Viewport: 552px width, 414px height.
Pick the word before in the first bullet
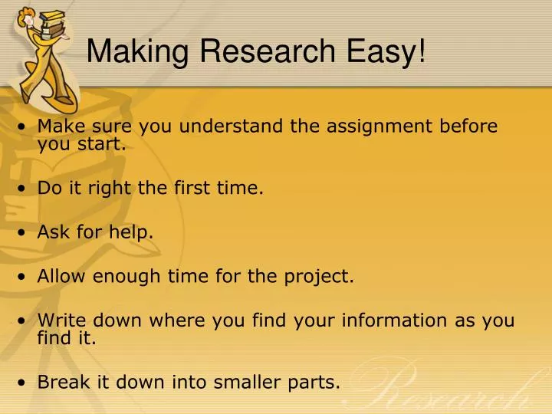tap(467, 126)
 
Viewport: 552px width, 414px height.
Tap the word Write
tap(58, 320)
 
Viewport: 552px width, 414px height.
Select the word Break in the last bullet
tap(58, 382)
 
